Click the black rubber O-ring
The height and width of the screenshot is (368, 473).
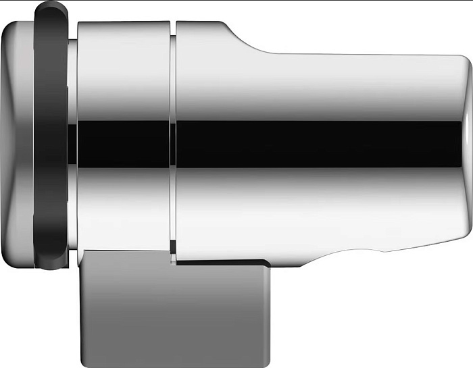coord(51,135)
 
